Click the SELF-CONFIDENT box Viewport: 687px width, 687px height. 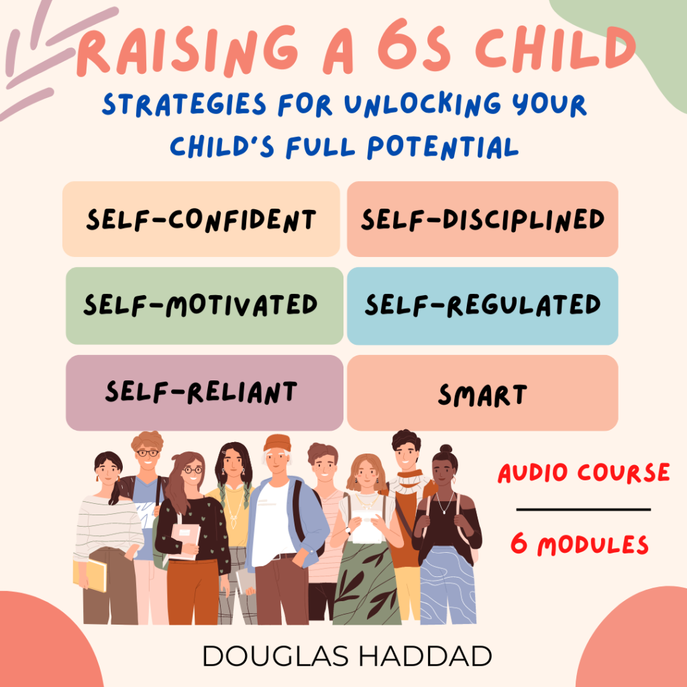201,219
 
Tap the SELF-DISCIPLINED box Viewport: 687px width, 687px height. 482,219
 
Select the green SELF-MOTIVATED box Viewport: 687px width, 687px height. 205,306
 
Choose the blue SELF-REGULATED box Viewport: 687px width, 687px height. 482,306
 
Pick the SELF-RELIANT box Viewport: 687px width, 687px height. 205,393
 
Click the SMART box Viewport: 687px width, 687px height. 482,393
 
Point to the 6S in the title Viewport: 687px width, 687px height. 414,50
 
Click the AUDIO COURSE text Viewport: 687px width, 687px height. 584,473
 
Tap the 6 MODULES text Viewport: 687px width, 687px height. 579,544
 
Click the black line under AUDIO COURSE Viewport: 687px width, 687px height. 583,510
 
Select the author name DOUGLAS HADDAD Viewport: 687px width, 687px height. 347,656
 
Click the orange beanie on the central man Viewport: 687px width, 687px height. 277,443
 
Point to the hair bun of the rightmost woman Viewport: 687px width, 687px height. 446,449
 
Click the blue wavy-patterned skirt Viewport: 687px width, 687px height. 447,585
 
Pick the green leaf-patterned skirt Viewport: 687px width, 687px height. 367,583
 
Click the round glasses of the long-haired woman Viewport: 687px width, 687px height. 193,470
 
